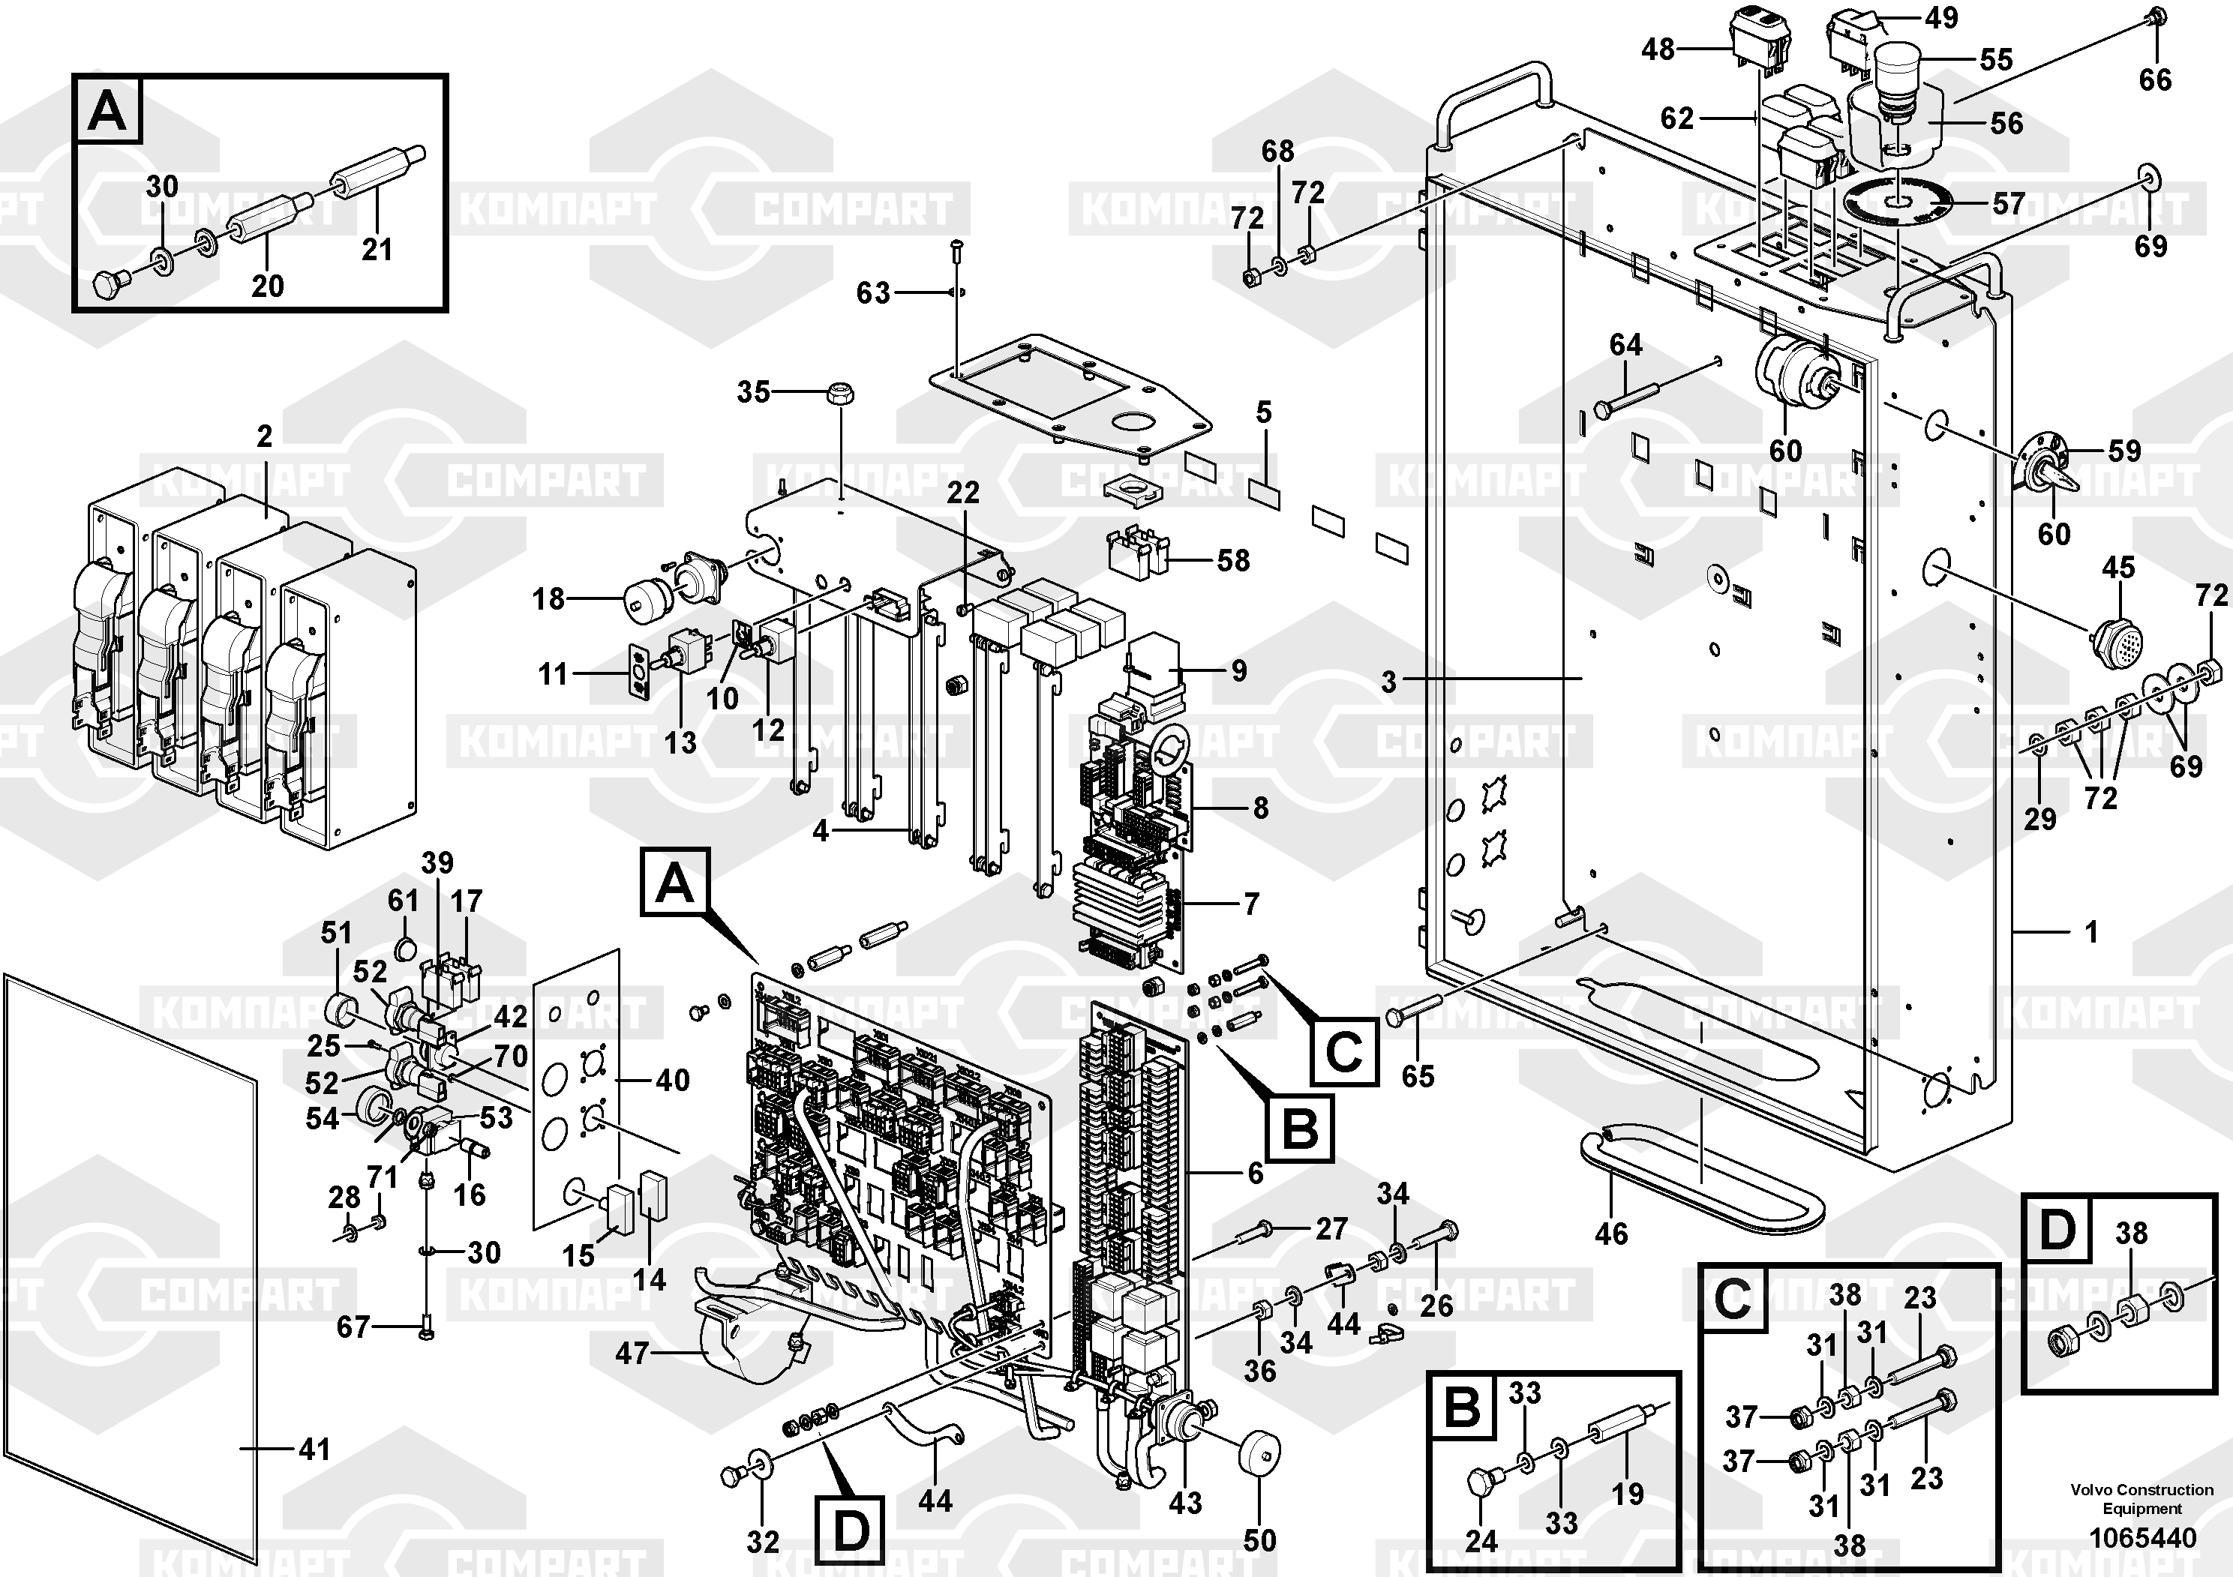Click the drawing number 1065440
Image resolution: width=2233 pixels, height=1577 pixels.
click(2141, 1538)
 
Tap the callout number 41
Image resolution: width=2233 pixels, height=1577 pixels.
click(314, 1450)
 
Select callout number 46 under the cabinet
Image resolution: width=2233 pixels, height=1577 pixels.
click(1610, 1234)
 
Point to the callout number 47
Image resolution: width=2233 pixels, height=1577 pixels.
click(632, 1352)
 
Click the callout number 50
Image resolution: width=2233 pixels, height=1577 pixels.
click(1259, 1540)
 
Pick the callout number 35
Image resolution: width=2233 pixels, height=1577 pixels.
click(753, 392)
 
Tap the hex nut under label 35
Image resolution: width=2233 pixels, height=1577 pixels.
click(839, 394)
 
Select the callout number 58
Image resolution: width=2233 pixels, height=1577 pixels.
click(1233, 560)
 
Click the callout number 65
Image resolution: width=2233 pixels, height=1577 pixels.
click(1417, 1075)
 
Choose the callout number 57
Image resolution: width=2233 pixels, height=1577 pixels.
click(2008, 204)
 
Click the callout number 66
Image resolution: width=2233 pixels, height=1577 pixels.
click(2155, 79)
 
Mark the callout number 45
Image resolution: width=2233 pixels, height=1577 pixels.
click(2118, 568)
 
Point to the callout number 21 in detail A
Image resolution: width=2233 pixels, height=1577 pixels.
click(377, 249)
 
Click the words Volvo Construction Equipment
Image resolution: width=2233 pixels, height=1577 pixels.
click(2141, 1498)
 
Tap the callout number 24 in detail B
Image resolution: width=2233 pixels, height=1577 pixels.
click(1481, 1540)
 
